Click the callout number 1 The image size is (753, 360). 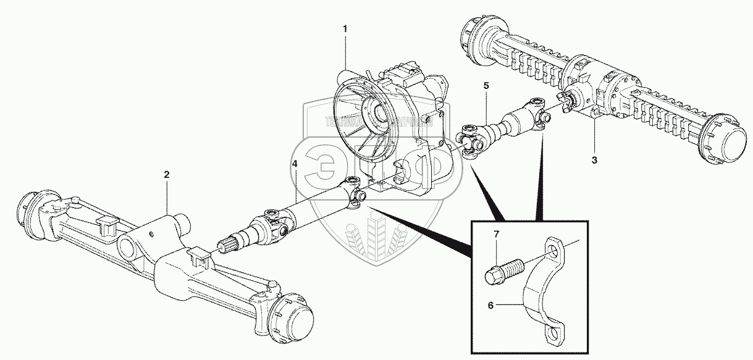click(x=345, y=29)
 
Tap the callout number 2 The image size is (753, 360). click(x=167, y=175)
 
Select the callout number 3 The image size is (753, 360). click(x=594, y=161)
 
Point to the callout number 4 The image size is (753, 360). click(x=295, y=164)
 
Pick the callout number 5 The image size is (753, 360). click(x=486, y=86)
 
